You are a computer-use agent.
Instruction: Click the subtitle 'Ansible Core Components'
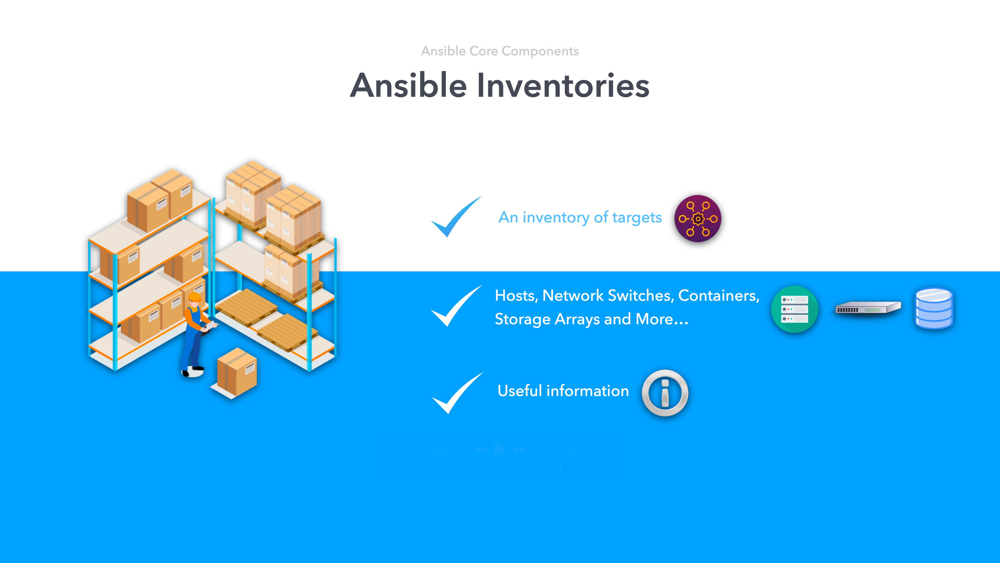pyautogui.click(x=500, y=51)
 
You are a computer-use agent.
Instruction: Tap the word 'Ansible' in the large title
pyautogui.click(x=408, y=85)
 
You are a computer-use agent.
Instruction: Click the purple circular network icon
pyautogui.click(x=698, y=219)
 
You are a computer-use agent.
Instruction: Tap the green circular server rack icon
pyautogui.click(x=795, y=309)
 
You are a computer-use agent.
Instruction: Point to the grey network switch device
pyautogui.click(x=868, y=308)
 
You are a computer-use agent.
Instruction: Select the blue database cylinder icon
pyautogui.click(x=934, y=309)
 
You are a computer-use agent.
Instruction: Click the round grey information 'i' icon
pyautogui.click(x=665, y=393)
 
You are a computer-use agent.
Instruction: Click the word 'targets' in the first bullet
pyautogui.click(x=637, y=218)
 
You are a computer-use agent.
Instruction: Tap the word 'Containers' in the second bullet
pyautogui.click(x=718, y=296)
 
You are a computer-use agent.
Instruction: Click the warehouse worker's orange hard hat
pyautogui.click(x=195, y=297)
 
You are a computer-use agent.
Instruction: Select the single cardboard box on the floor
pyautogui.click(x=237, y=372)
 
